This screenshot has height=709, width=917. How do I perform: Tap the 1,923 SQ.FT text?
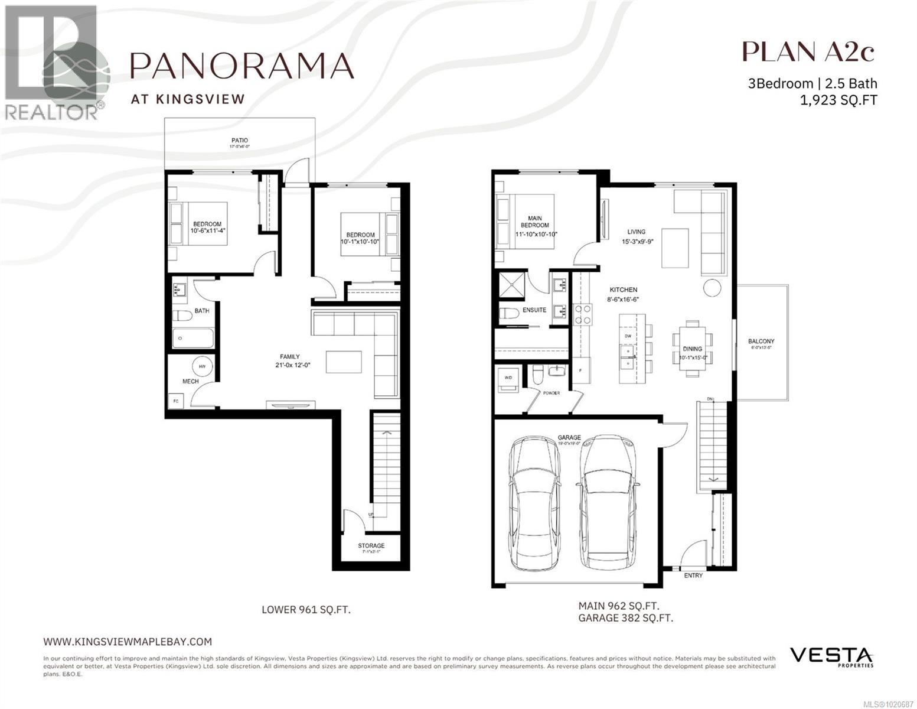pyautogui.click(x=838, y=100)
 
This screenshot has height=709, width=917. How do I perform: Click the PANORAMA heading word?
pyautogui.click(x=242, y=65)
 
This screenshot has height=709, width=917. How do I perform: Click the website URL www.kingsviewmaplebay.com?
pyautogui.click(x=128, y=641)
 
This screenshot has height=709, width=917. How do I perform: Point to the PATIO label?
pyautogui.click(x=239, y=141)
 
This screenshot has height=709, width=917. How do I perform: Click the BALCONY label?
pyautogui.click(x=761, y=342)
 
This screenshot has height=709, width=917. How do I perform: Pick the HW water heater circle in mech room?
pyautogui.click(x=203, y=367)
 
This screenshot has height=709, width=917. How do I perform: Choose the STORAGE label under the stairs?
pyautogui.click(x=371, y=546)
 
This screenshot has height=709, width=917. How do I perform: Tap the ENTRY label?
pyautogui.click(x=693, y=575)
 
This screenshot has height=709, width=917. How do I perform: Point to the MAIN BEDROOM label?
pyautogui.click(x=535, y=222)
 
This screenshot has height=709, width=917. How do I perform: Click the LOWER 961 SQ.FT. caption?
pyautogui.click(x=306, y=609)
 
